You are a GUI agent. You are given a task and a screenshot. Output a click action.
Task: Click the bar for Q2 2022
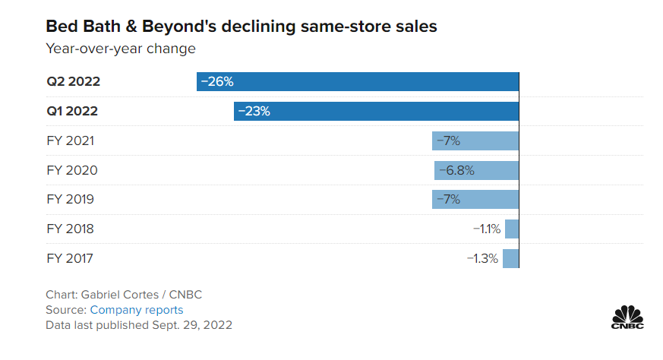(x=357, y=81)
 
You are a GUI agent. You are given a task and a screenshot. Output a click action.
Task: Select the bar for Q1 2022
(x=376, y=111)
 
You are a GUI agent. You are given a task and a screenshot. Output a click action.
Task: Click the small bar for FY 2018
(x=512, y=229)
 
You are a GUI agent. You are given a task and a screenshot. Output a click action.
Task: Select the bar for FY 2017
(x=511, y=258)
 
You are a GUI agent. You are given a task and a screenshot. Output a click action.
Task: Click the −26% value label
(x=216, y=81)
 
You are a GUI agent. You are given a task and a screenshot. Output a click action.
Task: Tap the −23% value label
(x=254, y=111)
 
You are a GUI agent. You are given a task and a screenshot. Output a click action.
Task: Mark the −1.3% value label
(x=482, y=258)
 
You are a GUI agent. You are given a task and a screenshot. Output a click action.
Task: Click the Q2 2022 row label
(x=73, y=81)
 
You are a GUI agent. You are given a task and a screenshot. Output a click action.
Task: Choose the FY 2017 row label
(x=70, y=258)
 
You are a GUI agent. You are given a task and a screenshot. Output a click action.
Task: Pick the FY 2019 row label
(x=70, y=200)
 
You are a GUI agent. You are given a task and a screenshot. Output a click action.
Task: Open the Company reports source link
(x=137, y=310)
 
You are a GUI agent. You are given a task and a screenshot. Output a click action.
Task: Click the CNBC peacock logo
(x=627, y=317)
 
